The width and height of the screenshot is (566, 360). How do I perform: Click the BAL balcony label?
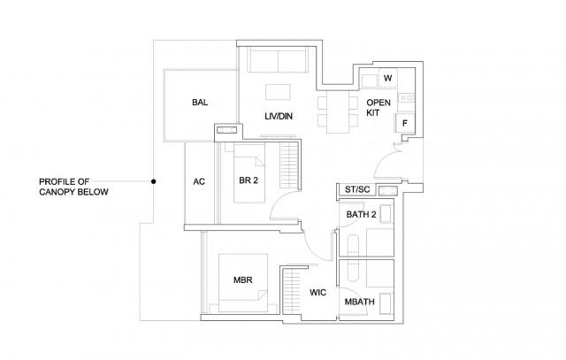[x=200, y=103]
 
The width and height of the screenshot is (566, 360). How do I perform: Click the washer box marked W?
[x=387, y=79]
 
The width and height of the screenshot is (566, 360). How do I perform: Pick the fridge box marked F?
[x=403, y=124]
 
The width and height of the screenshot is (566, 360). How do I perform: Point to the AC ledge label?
[x=199, y=182]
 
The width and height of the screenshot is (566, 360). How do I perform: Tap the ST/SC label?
[x=356, y=189]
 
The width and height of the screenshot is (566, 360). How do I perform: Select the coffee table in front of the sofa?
[x=279, y=92]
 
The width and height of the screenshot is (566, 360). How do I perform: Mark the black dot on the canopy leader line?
[x=154, y=182]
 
